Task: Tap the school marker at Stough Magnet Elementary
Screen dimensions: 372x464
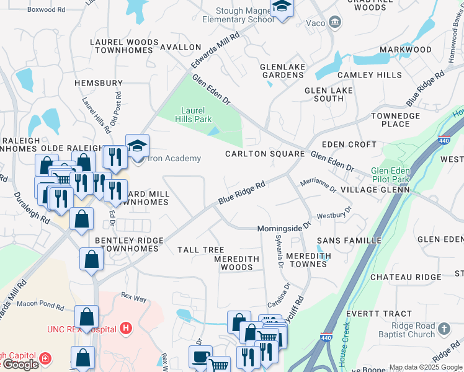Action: pyautogui.click(x=282, y=8)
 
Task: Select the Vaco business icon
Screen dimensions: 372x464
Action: pyautogui.click(x=335, y=23)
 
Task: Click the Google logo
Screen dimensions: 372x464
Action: pyautogui.click(x=20, y=365)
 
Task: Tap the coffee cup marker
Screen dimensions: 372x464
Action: pyautogui.click(x=200, y=358)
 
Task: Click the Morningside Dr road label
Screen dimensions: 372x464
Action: pyautogui.click(x=284, y=228)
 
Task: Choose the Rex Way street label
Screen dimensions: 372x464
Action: pyautogui.click(x=133, y=298)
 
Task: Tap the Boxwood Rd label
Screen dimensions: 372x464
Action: pyautogui.click(x=47, y=10)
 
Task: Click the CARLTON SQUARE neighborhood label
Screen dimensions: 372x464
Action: pyautogui.click(x=265, y=154)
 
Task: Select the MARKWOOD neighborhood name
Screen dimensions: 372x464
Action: pyautogui.click(x=405, y=50)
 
